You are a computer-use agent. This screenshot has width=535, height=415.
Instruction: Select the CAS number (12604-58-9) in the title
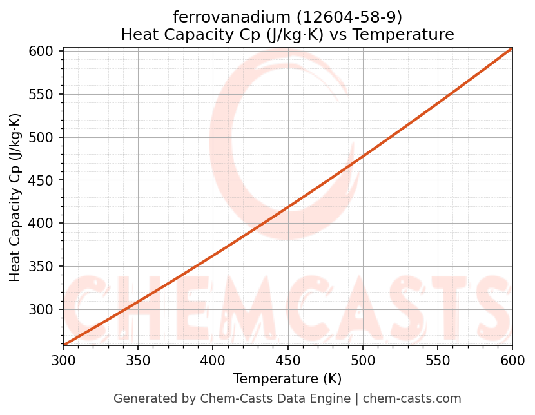click(342, 17)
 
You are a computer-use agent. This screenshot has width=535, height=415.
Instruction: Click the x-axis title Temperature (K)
click(287, 379)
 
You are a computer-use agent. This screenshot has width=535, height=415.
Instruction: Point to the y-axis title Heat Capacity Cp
click(15, 197)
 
